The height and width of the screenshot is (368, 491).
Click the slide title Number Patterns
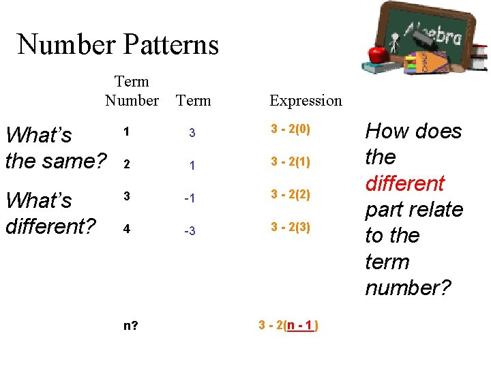(x=118, y=45)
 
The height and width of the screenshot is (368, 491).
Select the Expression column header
(x=306, y=101)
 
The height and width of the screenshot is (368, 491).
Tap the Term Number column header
(x=132, y=91)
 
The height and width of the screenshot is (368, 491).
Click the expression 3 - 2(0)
(x=291, y=129)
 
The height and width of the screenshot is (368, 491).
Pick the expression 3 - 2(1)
(x=291, y=162)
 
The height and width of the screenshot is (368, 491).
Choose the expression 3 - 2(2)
(x=291, y=194)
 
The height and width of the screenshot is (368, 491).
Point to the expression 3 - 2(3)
(x=291, y=227)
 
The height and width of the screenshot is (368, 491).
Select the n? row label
(x=130, y=325)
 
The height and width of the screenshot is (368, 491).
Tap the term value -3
(x=190, y=231)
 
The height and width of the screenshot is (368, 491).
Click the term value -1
(x=190, y=198)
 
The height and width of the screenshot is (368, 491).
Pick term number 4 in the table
(x=126, y=230)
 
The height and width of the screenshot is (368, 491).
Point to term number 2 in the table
(x=125, y=164)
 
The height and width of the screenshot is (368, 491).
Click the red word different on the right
(x=404, y=183)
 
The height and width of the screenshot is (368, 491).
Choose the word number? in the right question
(x=408, y=288)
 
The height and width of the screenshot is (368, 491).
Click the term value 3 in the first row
(x=192, y=133)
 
